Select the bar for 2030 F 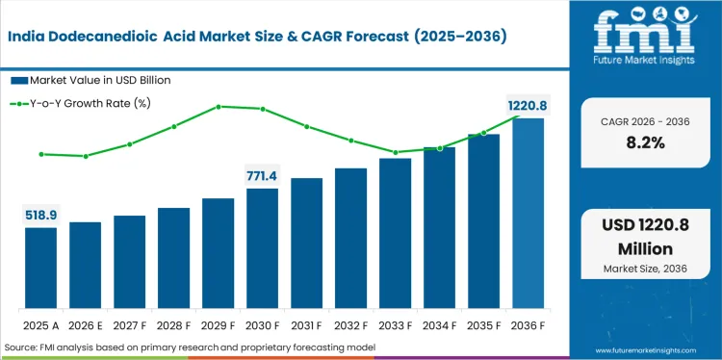262,248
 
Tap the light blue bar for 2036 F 528,213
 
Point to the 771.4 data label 262,175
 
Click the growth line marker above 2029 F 219,106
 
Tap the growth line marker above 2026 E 86,156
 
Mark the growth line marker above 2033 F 395,152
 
